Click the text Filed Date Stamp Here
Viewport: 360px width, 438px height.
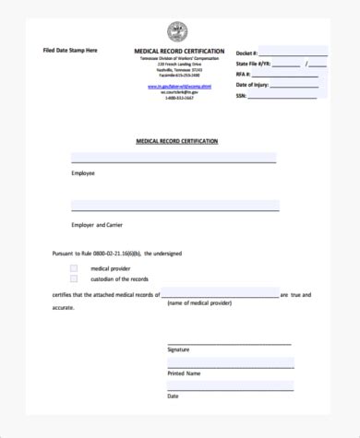70,49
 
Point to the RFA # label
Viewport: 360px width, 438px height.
244,75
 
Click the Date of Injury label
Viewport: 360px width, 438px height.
253,85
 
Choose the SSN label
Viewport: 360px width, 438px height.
242,95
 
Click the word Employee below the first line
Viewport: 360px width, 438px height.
83,172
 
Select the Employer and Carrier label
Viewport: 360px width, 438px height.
96,224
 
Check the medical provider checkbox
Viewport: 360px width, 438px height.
74,267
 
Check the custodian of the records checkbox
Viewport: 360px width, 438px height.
74,278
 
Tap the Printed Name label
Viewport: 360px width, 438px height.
183,373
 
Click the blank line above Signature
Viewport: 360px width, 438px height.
229,342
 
